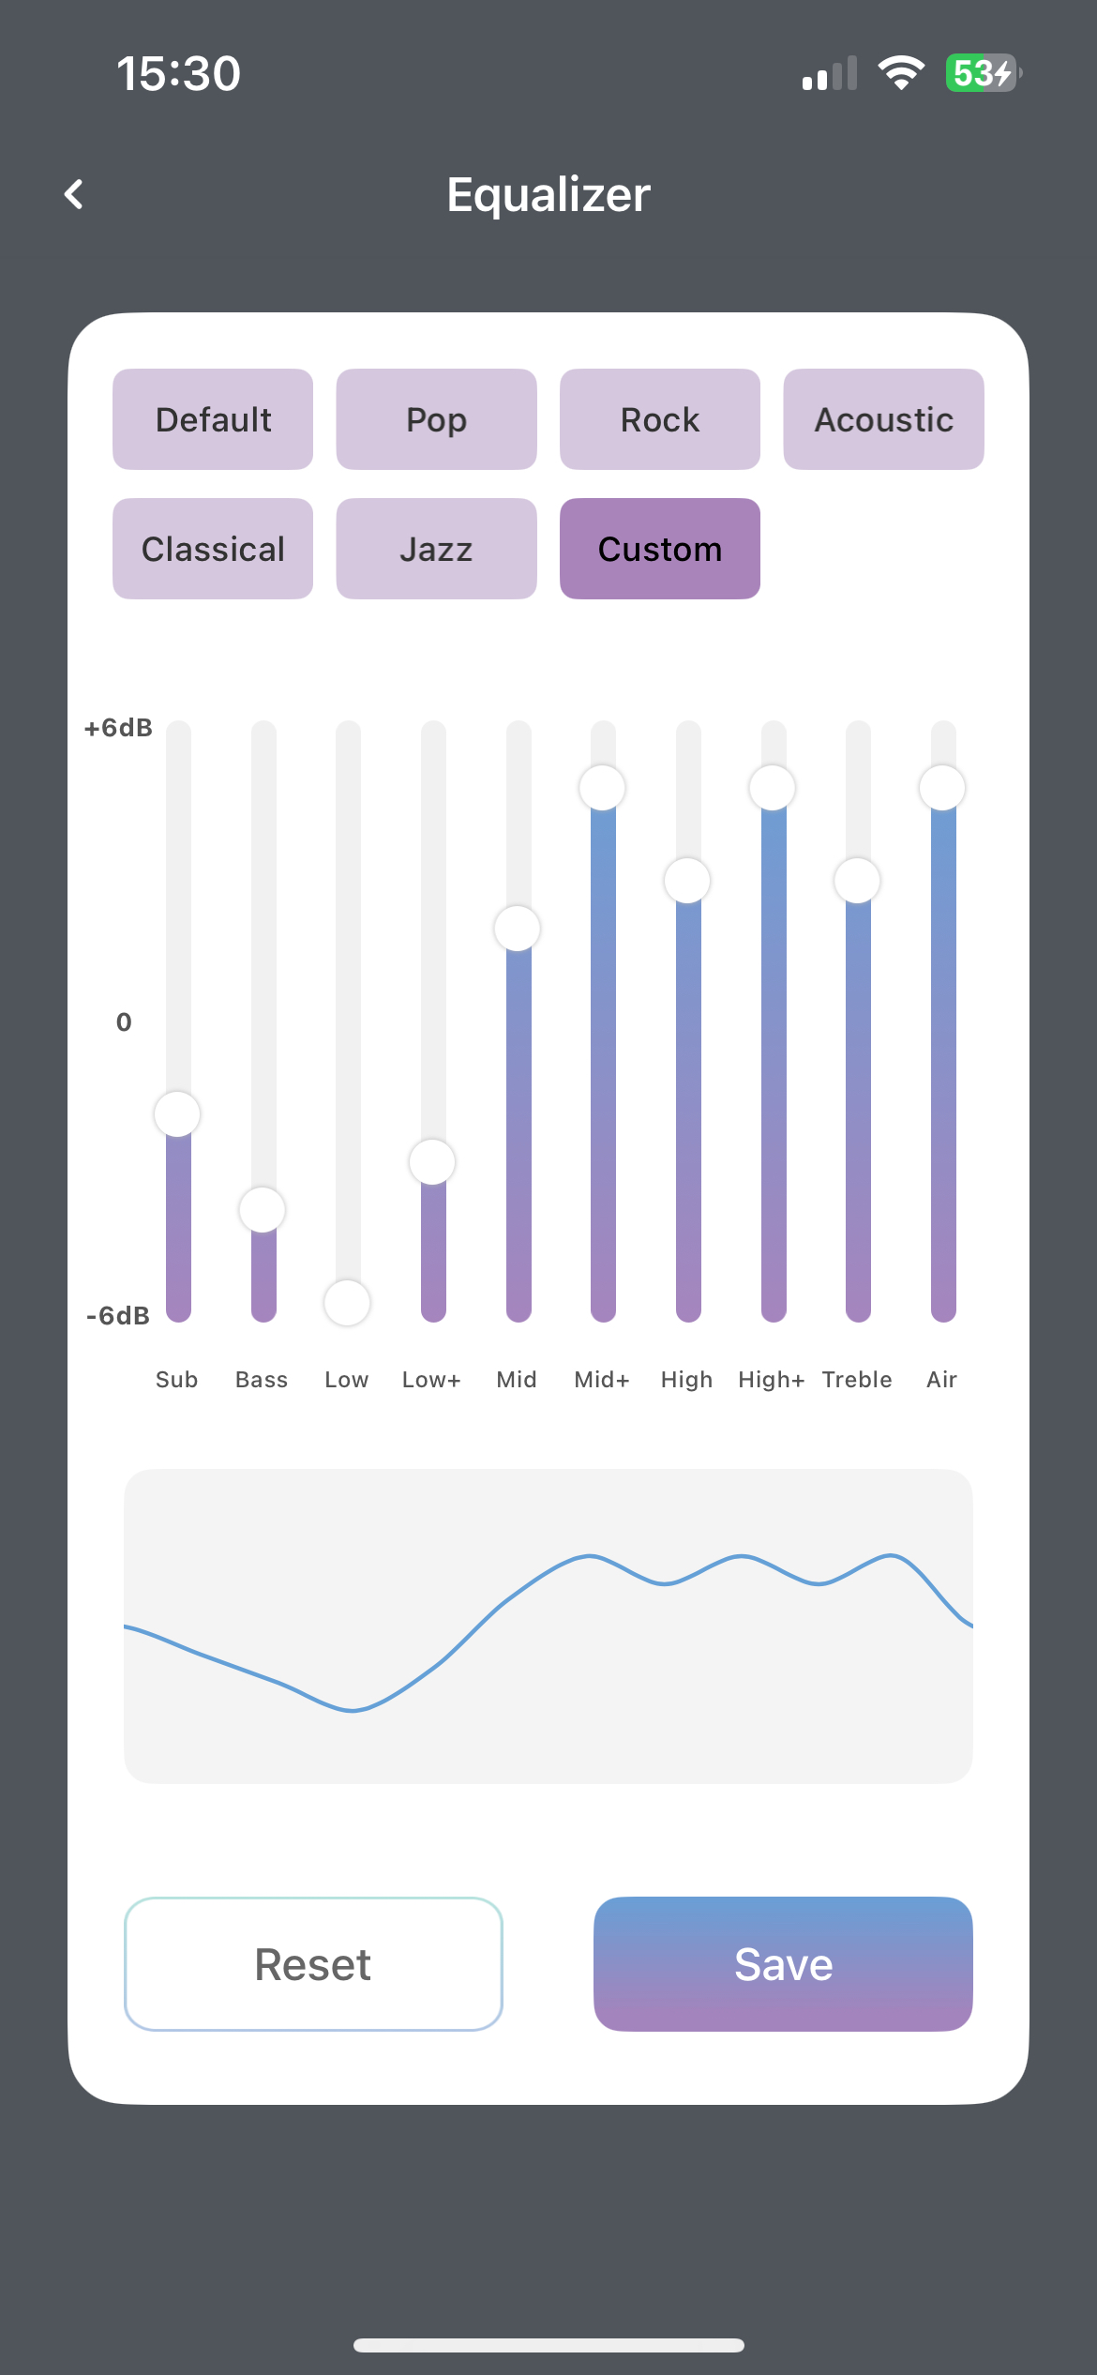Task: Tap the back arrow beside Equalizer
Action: [74, 194]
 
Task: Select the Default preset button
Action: [213, 419]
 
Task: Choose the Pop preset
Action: [437, 419]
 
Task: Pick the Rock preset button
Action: [660, 419]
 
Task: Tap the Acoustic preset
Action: [884, 419]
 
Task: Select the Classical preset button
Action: [213, 549]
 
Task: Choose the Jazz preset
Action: [437, 549]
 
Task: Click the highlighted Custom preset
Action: [660, 549]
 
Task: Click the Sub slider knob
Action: [177, 1114]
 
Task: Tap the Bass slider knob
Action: [263, 1209]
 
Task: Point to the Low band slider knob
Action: [347, 1303]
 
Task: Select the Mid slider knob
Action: [518, 929]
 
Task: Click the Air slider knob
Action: [942, 788]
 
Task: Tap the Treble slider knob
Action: [857, 881]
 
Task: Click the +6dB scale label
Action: [118, 728]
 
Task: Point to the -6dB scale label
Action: [118, 1316]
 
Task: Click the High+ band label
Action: [772, 1380]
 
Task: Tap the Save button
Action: [783, 1964]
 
